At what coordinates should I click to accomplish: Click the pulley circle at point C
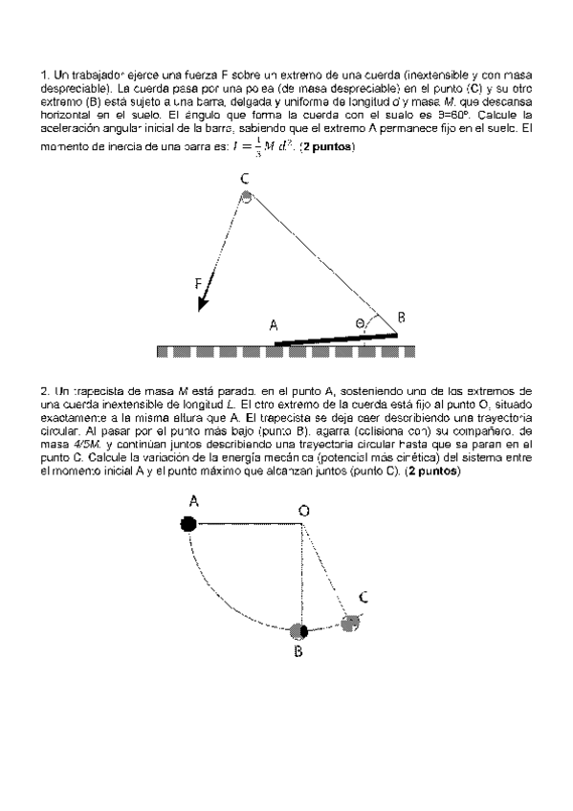tap(247, 198)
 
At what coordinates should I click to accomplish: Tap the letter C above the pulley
tap(245, 179)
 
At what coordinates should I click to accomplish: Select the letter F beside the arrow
tap(198, 283)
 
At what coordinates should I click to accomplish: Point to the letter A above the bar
tap(274, 325)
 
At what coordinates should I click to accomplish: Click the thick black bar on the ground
tap(336, 338)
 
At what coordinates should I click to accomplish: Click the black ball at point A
tap(189, 523)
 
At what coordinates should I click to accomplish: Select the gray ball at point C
tap(351, 623)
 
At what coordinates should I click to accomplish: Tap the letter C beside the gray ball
tap(364, 597)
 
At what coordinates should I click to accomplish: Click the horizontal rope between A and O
tap(246, 523)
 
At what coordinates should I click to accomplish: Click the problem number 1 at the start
tap(44, 74)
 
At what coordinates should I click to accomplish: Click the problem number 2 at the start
tap(44, 390)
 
